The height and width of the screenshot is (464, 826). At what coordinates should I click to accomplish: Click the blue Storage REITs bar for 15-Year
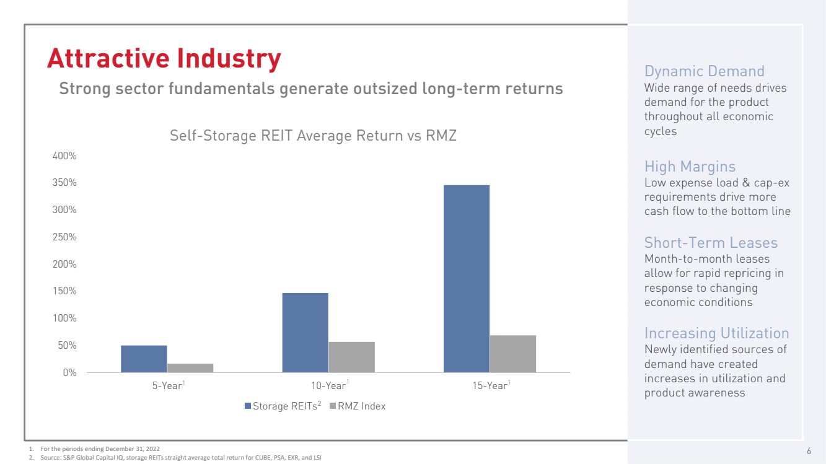pyautogui.click(x=466, y=279)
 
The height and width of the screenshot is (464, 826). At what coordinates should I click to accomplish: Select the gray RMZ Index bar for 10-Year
pyautogui.click(x=351, y=357)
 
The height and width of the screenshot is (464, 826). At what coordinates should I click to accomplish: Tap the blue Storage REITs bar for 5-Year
pyautogui.click(x=144, y=359)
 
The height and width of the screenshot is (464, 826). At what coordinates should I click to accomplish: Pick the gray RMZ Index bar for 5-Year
pyautogui.click(x=190, y=368)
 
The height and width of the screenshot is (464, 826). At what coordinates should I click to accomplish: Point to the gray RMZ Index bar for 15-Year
pyautogui.click(x=512, y=354)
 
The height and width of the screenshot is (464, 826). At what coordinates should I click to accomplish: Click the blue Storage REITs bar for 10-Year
pyautogui.click(x=305, y=333)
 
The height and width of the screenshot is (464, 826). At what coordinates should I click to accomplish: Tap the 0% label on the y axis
pyautogui.click(x=69, y=372)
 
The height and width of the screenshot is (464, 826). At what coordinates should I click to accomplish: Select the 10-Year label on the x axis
pyautogui.click(x=328, y=386)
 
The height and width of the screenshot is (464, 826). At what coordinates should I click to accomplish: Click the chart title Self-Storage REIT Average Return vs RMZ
pyautogui.click(x=313, y=136)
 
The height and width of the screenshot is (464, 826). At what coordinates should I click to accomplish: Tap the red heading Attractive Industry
pyautogui.click(x=164, y=59)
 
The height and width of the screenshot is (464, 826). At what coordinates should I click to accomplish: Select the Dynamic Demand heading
pyautogui.click(x=705, y=71)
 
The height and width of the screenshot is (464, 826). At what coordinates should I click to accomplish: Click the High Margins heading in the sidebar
pyautogui.click(x=690, y=167)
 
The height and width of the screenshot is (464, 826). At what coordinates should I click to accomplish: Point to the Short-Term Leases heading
pyautogui.click(x=711, y=242)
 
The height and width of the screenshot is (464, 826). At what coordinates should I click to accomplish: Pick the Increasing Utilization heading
pyautogui.click(x=716, y=333)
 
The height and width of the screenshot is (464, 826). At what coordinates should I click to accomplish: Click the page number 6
pyautogui.click(x=809, y=450)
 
